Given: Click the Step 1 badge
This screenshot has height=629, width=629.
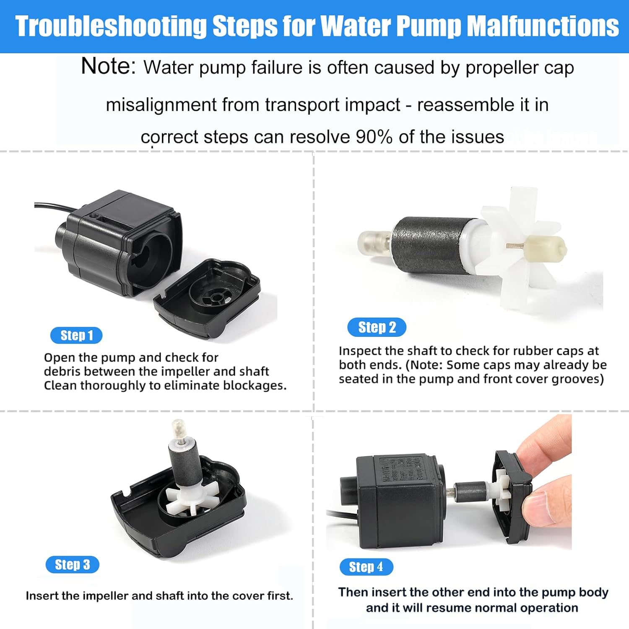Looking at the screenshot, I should click(x=76, y=335).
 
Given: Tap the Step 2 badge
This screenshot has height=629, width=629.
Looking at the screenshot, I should click(x=377, y=327).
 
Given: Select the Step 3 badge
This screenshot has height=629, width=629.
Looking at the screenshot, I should click(x=73, y=565).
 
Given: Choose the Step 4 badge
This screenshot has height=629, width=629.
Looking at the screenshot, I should click(x=366, y=567).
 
